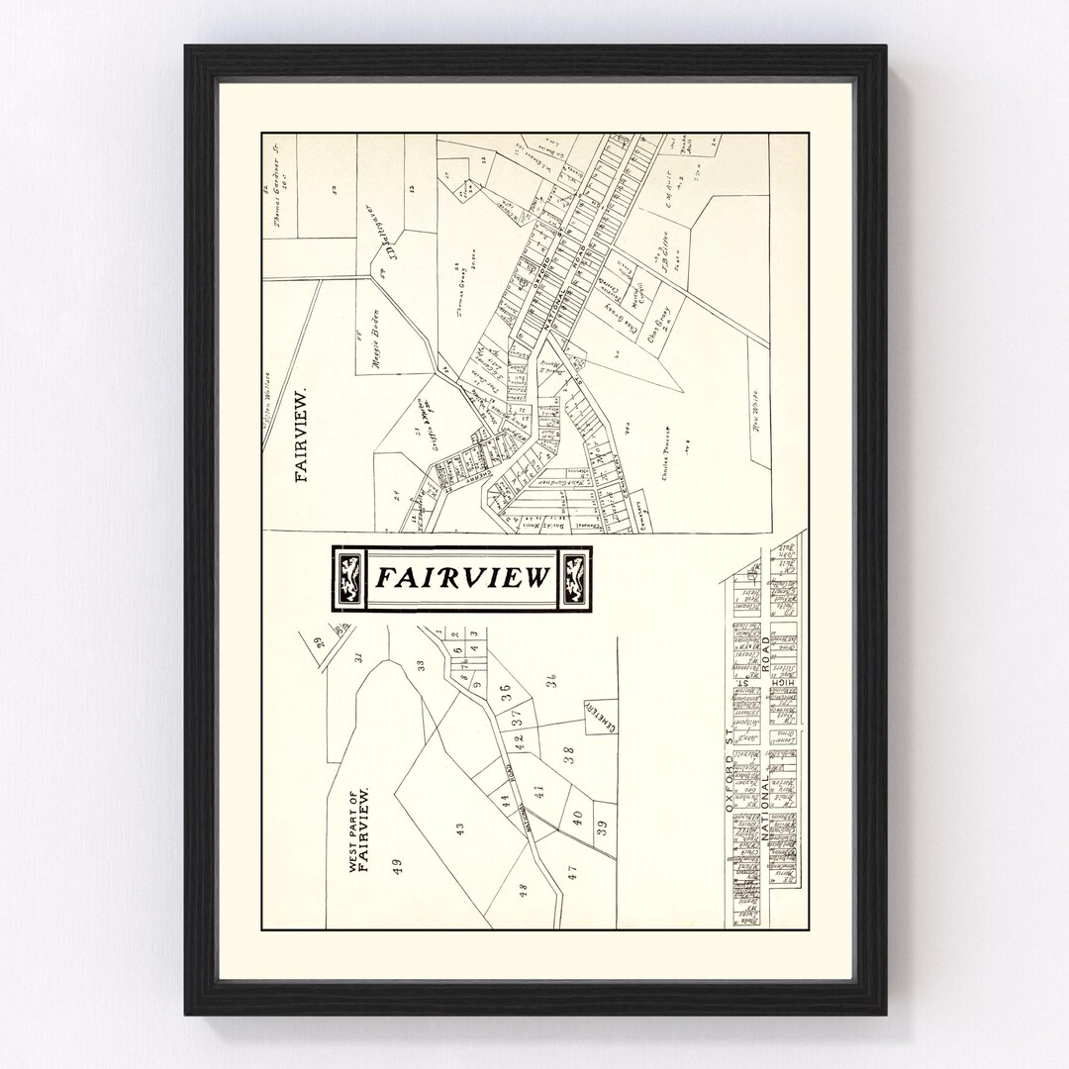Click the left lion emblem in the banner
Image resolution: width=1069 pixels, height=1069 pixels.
(348, 579)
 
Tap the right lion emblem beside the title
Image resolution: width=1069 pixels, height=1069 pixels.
(573, 579)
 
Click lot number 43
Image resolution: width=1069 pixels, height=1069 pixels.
(459, 829)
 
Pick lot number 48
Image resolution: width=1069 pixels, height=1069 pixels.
(524, 889)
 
